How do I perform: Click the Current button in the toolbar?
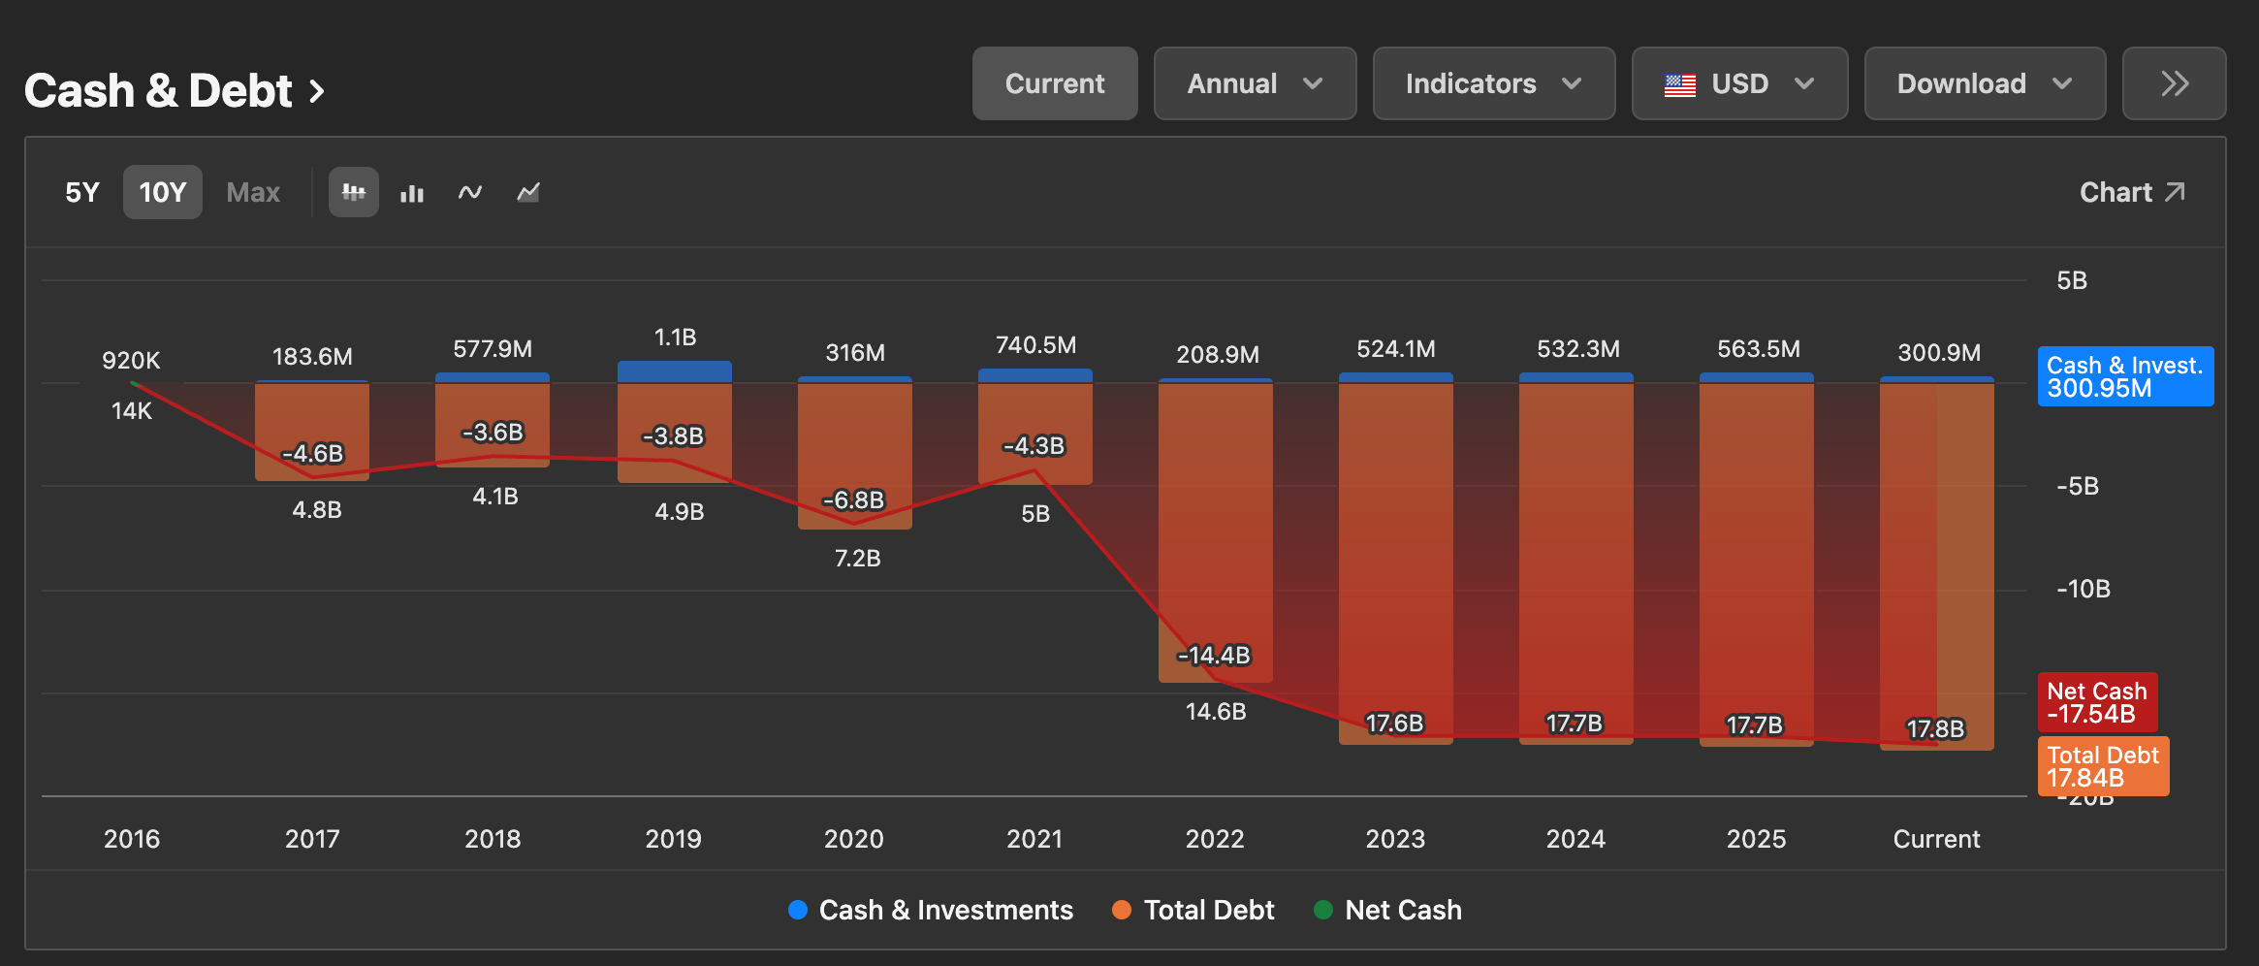click(1055, 83)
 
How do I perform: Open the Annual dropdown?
click(1255, 83)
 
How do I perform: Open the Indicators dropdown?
click(1494, 83)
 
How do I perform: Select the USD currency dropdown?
click(1739, 83)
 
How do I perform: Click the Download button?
click(1985, 83)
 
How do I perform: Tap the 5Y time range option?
click(82, 192)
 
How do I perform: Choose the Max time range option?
click(253, 192)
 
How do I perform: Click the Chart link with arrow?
click(2132, 192)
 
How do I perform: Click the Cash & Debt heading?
click(175, 91)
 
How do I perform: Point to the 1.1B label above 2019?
click(675, 338)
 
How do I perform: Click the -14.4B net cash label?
click(1214, 656)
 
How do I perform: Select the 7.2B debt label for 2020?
click(857, 558)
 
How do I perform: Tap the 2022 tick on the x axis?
click(1215, 839)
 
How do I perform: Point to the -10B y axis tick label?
click(2084, 589)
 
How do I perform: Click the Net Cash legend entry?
click(1387, 910)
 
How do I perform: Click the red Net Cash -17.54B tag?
click(2098, 702)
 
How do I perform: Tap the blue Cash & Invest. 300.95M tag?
click(2125, 376)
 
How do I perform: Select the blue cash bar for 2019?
click(675, 371)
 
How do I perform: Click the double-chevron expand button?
click(2174, 83)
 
